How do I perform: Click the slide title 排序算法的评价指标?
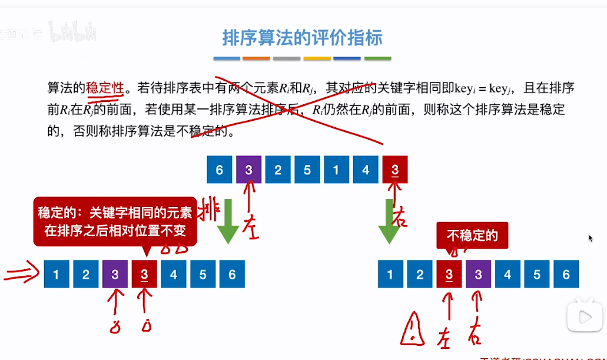(303, 38)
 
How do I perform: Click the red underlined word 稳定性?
(105, 88)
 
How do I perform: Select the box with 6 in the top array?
(220, 170)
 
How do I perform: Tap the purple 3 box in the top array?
(248, 170)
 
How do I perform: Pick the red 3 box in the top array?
(394, 170)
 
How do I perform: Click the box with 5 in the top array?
(307, 170)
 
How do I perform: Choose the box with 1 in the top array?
(336, 170)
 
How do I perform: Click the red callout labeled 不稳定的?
(472, 236)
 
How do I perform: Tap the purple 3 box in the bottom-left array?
(115, 275)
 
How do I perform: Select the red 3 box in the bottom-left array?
(144, 275)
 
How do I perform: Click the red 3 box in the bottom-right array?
(449, 275)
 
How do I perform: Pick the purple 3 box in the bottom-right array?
(478, 275)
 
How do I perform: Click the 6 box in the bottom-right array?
(566, 275)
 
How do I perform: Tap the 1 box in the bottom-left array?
(56, 275)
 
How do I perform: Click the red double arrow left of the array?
(22, 275)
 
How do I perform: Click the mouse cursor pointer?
(591, 237)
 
